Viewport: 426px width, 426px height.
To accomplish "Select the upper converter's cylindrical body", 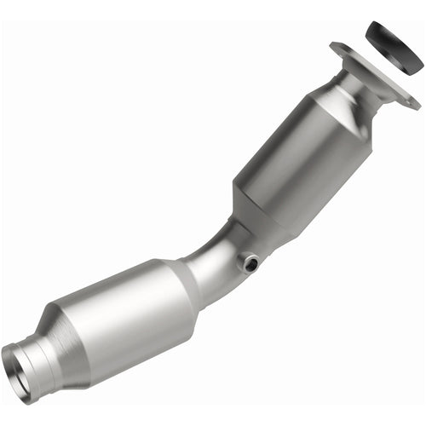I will point(294,162).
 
